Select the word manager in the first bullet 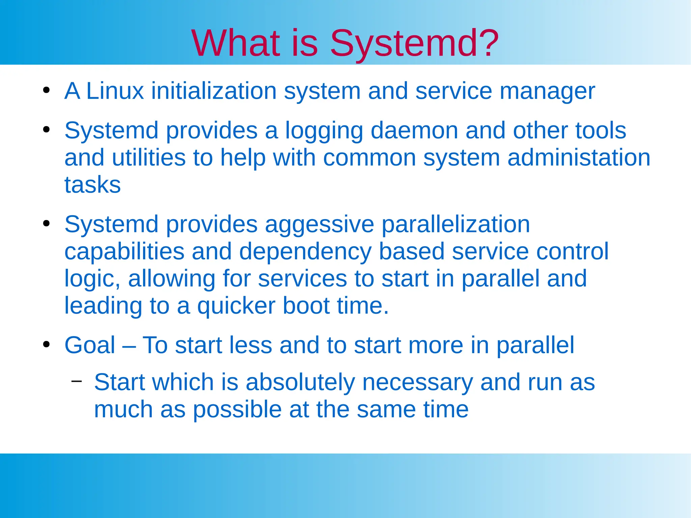click(547, 92)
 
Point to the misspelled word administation click(579, 158)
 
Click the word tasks click(92, 185)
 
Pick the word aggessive click(319, 225)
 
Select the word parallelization click(455, 225)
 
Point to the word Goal click(90, 345)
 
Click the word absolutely click(300, 382)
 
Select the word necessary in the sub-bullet click(417, 382)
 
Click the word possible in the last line click(237, 410)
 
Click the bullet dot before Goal click(47, 345)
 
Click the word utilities click(148, 158)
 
